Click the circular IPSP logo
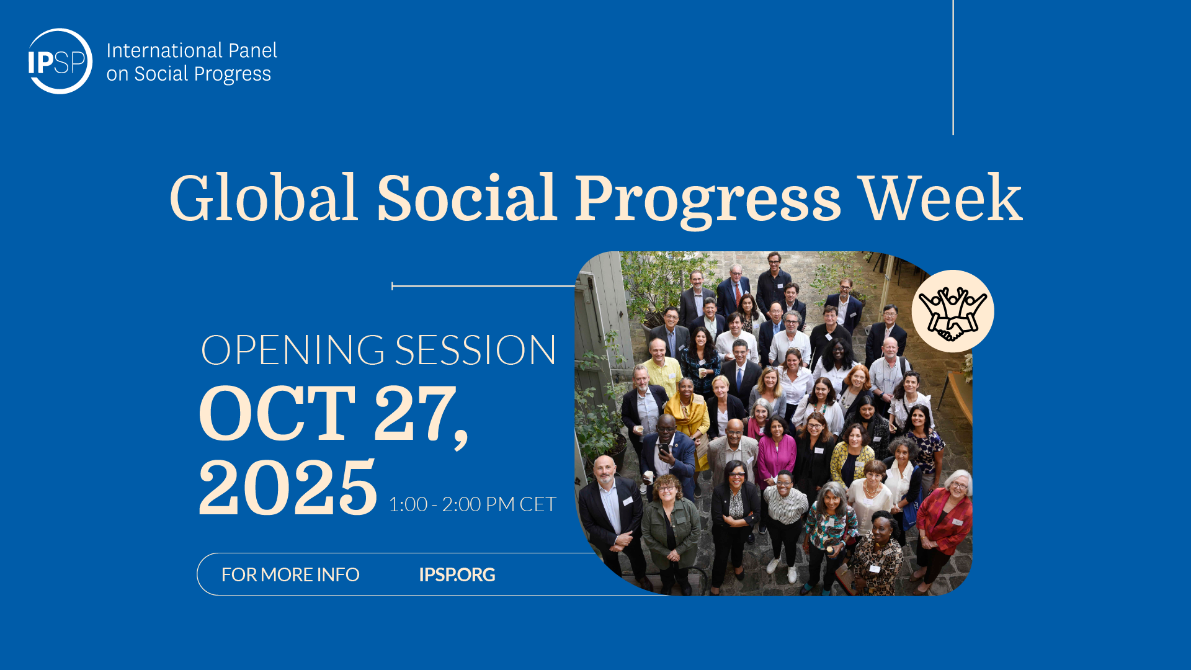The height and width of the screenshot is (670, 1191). coord(60,61)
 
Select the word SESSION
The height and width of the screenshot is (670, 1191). coord(476,350)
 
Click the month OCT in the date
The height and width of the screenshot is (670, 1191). coord(277,413)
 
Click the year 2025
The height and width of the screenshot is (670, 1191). coord(288,488)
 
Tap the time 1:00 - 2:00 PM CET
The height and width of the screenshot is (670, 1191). coord(472,504)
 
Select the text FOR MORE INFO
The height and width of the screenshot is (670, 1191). coord(290,575)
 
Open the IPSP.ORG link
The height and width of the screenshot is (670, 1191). coord(457,575)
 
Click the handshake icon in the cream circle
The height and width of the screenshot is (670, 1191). coord(953,311)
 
